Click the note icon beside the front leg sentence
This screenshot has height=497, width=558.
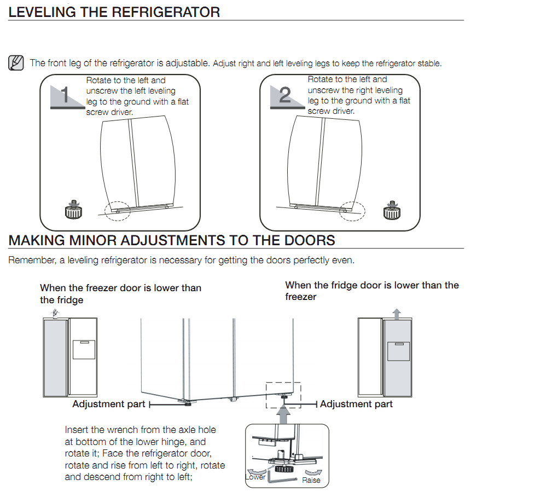pos(16,63)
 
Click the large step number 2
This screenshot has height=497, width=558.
pos(285,95)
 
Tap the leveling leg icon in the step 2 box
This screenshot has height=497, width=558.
pos(391,210)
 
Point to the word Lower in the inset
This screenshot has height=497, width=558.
pos(255,477)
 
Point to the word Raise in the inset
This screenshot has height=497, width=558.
pos(311,480)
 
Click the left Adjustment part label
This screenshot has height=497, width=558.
pos(109,404)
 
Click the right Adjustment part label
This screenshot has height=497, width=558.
pos(356,404)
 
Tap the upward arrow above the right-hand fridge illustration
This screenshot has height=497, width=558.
pos(397,313)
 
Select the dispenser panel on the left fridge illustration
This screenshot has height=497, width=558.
pos(84,349)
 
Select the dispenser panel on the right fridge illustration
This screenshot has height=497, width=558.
pos(398,351)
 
